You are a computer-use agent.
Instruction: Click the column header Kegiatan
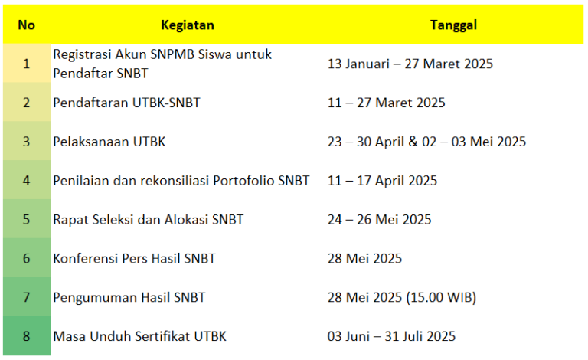point(187,25)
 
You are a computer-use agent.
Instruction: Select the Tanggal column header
point(453,25)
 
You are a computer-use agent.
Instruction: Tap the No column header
point(26,25)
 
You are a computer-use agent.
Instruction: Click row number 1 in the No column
point(26,64)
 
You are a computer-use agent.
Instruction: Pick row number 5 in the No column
point(26,220)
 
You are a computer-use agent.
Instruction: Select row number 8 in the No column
point(26,336)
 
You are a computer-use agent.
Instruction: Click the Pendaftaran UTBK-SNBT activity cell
point(126,103)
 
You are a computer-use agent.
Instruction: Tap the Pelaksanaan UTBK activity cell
point(109,142)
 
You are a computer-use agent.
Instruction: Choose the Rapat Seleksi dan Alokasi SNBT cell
point(148,220)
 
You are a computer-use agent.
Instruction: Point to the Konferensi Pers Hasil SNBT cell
point(134,259)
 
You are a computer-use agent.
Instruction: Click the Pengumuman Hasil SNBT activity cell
point(129,297)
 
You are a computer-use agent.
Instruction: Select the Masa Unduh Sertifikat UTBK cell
point(139,336)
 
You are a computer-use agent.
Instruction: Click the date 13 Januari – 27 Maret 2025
point(410,64)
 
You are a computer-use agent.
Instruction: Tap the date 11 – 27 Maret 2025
point(386,103)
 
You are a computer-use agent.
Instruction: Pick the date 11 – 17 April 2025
point(382,181)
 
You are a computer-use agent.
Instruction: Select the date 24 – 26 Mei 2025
point(379,220)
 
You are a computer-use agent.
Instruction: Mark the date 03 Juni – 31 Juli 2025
point(391,336)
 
